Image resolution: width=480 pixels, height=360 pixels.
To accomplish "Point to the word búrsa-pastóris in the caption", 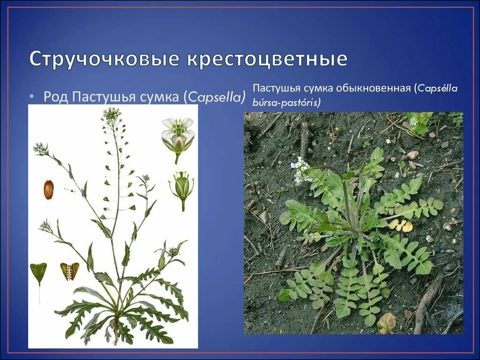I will pos(286,103).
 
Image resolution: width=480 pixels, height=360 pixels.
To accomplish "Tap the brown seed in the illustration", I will pos(49,189).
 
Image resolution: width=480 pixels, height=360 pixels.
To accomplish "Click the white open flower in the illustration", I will pos(178,134).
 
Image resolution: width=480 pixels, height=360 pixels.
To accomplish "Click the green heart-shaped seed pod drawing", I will pos(38,273).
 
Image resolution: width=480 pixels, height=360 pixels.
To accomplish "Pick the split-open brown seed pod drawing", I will pos(69,271).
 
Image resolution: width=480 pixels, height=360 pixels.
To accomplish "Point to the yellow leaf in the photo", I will pos(401,225).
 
